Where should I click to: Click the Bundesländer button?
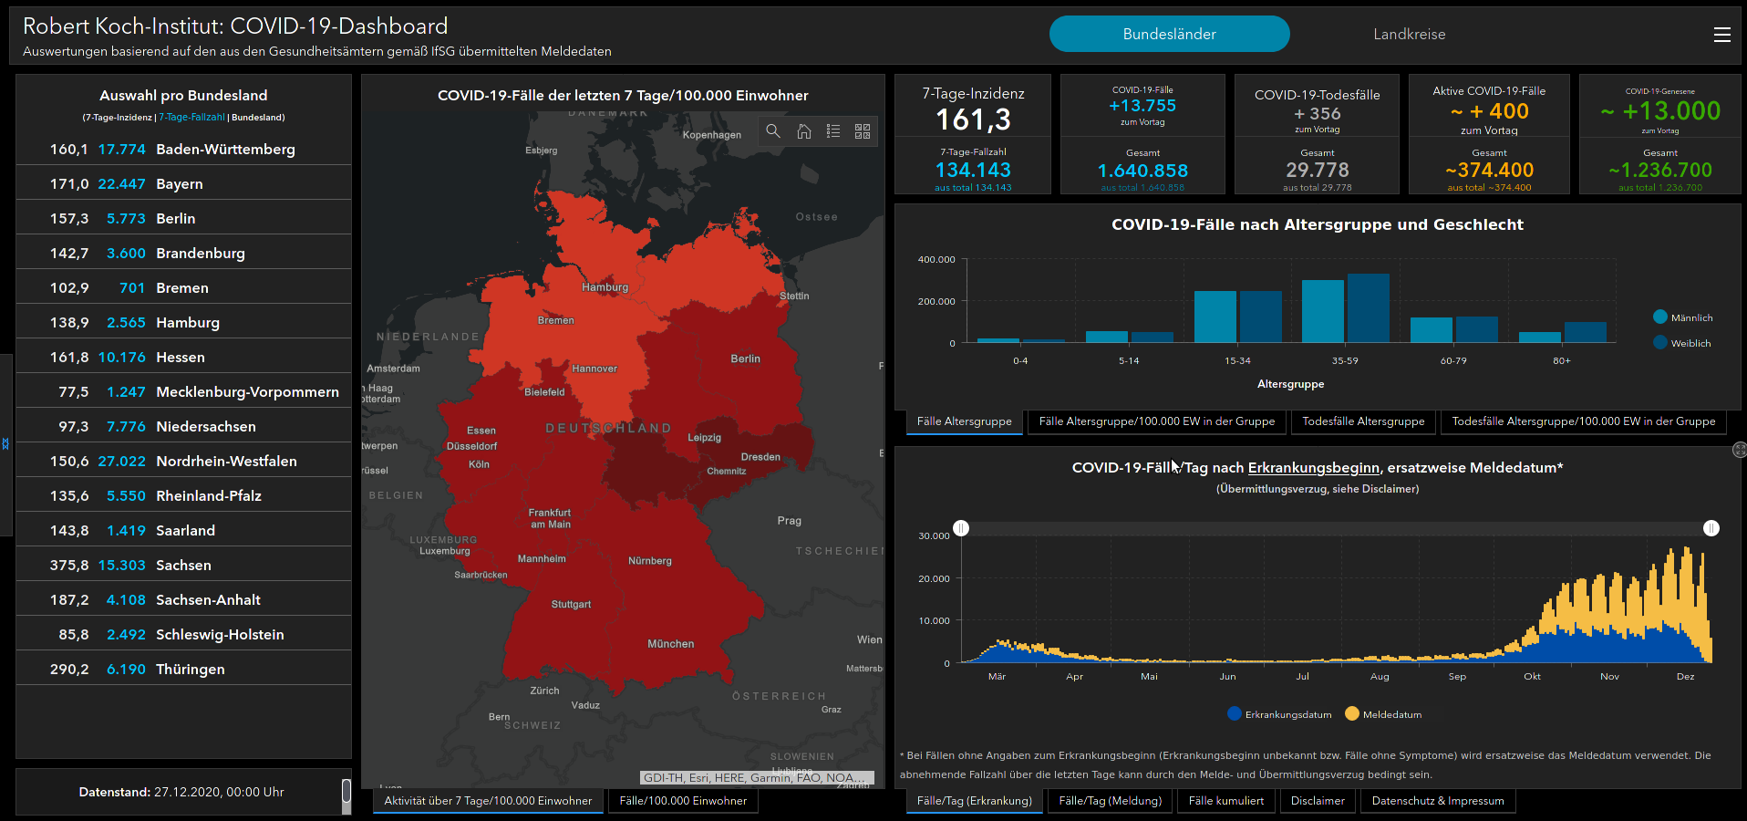coord(1169,35)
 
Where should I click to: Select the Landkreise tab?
coord(1409,35)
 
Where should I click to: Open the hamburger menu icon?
coord(1721,35)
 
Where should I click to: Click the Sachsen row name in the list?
coord(183,566)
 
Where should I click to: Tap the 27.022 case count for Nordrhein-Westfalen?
coord(121,462)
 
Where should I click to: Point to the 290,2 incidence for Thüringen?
coord(69,670)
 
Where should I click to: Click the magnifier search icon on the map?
coord(773,131)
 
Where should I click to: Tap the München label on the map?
coord(670,644)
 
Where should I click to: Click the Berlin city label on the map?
coord(745,359)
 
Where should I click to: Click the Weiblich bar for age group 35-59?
coord(1368,307)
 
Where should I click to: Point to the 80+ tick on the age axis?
coord(1562,361)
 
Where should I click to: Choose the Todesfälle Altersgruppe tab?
coord(1363,421)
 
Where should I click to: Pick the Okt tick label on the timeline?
coord(1532,677)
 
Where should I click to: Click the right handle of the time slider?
coord(1711,528)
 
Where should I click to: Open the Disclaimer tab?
coord(1318,801)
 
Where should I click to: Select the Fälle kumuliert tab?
coord(1225,801)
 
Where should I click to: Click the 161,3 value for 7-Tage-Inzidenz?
coord(973,120)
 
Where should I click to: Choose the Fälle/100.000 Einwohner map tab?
coord(683,801)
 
